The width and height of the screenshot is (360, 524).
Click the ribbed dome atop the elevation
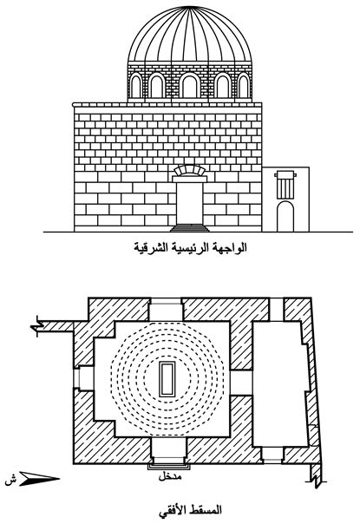point(189,34)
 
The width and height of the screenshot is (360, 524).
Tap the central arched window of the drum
point(189,86)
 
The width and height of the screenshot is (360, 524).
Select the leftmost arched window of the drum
point(135,86)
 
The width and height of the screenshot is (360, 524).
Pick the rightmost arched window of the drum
point(244,86)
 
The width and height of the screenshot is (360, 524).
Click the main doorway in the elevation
point(189,203)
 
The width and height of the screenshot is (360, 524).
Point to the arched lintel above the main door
point(189,170)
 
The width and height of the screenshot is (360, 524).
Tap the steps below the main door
point(189,228)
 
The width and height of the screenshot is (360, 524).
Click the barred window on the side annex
point(285,185)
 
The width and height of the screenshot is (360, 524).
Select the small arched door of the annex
point(285,217)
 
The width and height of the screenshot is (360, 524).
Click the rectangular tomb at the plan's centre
point(167,379)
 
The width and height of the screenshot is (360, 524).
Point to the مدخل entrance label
point(170,476)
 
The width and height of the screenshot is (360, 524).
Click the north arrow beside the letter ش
point(39,479)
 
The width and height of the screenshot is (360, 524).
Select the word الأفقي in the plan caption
point(172,510)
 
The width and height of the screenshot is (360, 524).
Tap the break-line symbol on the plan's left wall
point(36,326)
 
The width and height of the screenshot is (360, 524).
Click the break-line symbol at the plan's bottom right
point(317,477)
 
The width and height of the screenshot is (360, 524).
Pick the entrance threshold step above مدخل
point(169,467)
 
